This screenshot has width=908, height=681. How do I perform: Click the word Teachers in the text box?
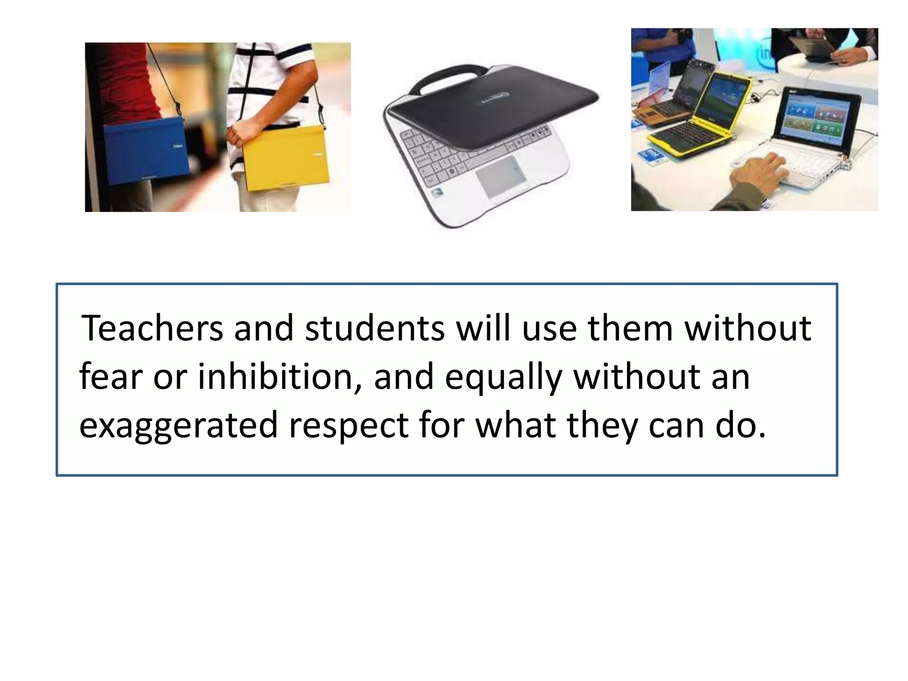click(152, 329)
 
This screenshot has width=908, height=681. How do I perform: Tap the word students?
click(375, 329)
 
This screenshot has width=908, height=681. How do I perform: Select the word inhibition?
click(275, 377)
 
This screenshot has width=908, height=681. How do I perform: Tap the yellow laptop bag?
click(286, 158)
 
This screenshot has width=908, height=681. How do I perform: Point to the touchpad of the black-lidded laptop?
click(501, 176)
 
